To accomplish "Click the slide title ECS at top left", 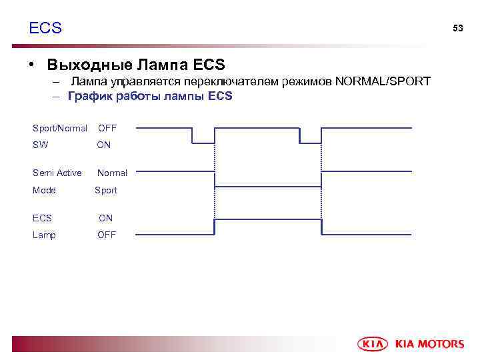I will (x=45, y=28).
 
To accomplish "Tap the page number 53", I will (x=457, y=28).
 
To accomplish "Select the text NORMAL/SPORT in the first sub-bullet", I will (x=383, y=81).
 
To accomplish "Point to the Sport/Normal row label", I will (x=60, y=128).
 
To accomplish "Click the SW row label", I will (x=40, y=145).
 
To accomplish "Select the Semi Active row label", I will (x=57, y=173).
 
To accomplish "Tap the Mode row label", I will (x=44, y=191).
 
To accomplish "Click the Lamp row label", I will (x=44, y=235).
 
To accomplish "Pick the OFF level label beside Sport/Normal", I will (x=107, y=128).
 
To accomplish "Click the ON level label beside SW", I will (x=104, y=145).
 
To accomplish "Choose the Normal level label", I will (x=112, y=173).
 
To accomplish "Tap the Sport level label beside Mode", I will (x=106, y=191).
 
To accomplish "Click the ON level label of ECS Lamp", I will (x=106, y=218).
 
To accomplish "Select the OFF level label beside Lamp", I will (x=107, y=235).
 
